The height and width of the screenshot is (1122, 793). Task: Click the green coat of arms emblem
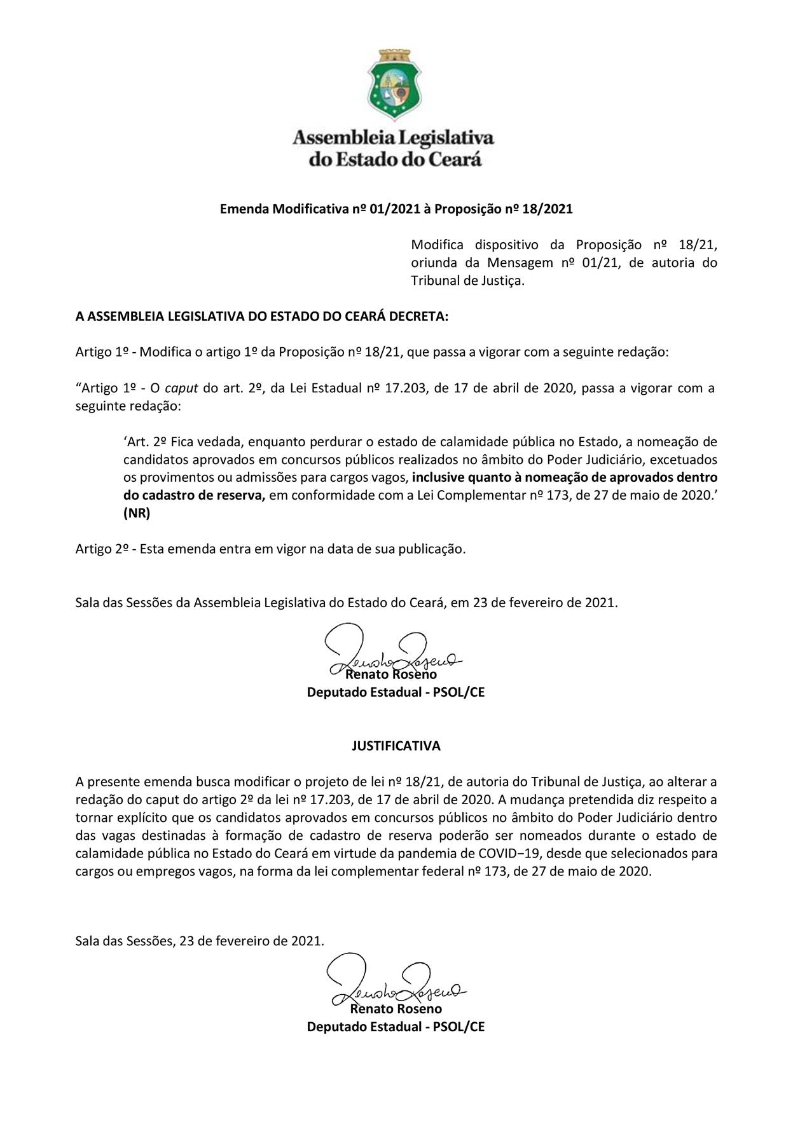(392, 85)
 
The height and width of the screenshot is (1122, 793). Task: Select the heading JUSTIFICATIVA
(396, 746)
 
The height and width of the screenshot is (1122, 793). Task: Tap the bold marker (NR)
(137, 514)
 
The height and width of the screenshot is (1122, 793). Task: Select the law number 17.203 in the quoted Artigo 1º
(406, 388)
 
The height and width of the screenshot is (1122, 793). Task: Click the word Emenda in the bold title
(244, 209)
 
